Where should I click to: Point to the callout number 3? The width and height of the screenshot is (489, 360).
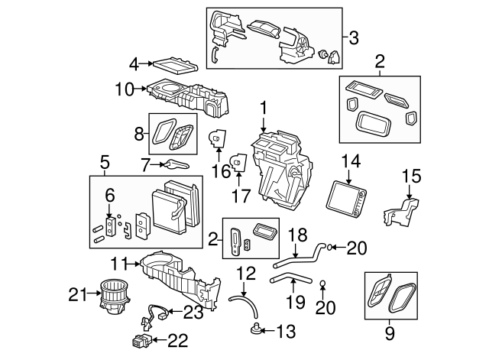point(354,36)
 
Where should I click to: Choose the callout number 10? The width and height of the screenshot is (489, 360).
point(124,89)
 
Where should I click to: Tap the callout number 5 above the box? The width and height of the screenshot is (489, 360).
point(105,162)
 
